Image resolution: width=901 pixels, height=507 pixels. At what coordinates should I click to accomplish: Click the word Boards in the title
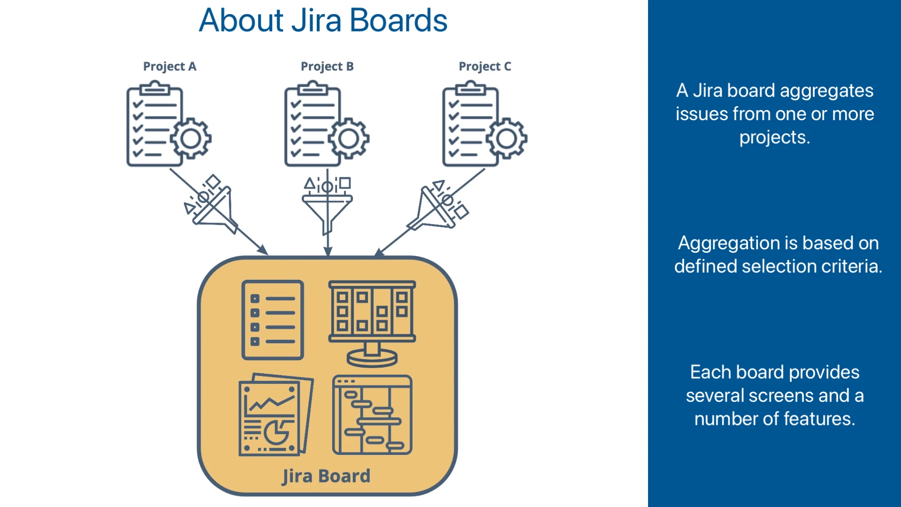point(398,21)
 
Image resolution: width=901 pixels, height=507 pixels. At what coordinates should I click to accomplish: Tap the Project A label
point(169,67)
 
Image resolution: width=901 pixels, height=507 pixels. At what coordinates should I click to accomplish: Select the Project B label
point(327,67)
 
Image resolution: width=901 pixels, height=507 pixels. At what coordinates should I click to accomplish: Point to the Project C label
point(485,67)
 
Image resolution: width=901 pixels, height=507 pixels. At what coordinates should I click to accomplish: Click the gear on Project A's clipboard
point(191,138)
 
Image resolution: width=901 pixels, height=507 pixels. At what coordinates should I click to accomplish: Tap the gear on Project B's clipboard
point(349,138)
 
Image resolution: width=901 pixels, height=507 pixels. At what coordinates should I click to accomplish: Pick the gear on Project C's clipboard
point(506,138)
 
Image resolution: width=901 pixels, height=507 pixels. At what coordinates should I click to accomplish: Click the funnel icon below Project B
point(327,207)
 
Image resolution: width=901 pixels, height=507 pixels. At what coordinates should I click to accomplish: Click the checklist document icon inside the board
point(273,320)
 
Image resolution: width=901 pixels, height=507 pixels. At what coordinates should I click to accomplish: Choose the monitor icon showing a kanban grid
point(372,323)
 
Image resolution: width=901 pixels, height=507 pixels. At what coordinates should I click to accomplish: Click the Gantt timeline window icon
point(372,415)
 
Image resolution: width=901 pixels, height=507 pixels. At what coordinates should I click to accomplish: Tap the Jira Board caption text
point(326,476)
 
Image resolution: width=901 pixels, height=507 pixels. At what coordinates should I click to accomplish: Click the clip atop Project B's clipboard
point(313,88)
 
